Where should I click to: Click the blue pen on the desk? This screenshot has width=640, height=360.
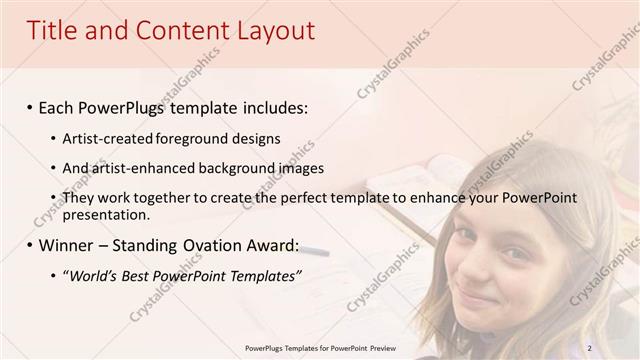315,249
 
